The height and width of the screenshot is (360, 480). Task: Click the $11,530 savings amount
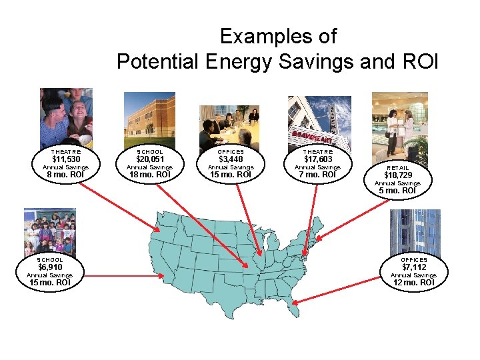[x=66, y=159]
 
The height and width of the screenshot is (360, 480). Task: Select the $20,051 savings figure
[x=149, y=159]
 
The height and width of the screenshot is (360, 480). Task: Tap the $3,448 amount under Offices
[x=231, y=159]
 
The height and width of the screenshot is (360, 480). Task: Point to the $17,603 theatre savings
[x=317, y=159]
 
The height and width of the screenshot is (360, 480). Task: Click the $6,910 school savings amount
[x=49, y=267]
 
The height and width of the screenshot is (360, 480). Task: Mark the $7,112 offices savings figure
[x=414, y=267]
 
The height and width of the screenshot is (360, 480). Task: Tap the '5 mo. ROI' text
[x=397, y=191]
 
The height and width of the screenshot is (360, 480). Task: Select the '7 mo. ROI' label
[x=317, y=175]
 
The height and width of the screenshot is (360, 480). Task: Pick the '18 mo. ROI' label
[x=149, y=175]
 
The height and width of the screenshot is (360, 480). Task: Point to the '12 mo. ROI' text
[x=414, y=283]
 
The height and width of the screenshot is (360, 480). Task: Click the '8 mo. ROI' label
[x=66, y=175]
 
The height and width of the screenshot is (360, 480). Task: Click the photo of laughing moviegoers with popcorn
[x=66, y=116]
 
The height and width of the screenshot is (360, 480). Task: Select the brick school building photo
[x=149, y=120]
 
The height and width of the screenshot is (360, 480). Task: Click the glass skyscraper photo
[x=415, y=233]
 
